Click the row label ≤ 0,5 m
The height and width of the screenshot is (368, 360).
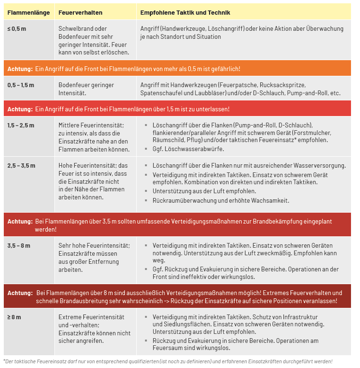tap(17, 29)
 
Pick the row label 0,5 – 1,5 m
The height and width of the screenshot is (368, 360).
tap(21, 85)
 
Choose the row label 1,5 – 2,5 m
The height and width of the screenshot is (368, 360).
tap(21, 125)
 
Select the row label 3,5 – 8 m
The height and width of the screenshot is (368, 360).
tap(19, 246)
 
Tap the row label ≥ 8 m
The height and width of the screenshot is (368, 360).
tap(14, 317)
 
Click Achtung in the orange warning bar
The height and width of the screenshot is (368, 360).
tap(19, 69)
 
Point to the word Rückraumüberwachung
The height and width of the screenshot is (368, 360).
tap(185, 200)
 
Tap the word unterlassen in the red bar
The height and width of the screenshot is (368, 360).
tap(211, 109)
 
